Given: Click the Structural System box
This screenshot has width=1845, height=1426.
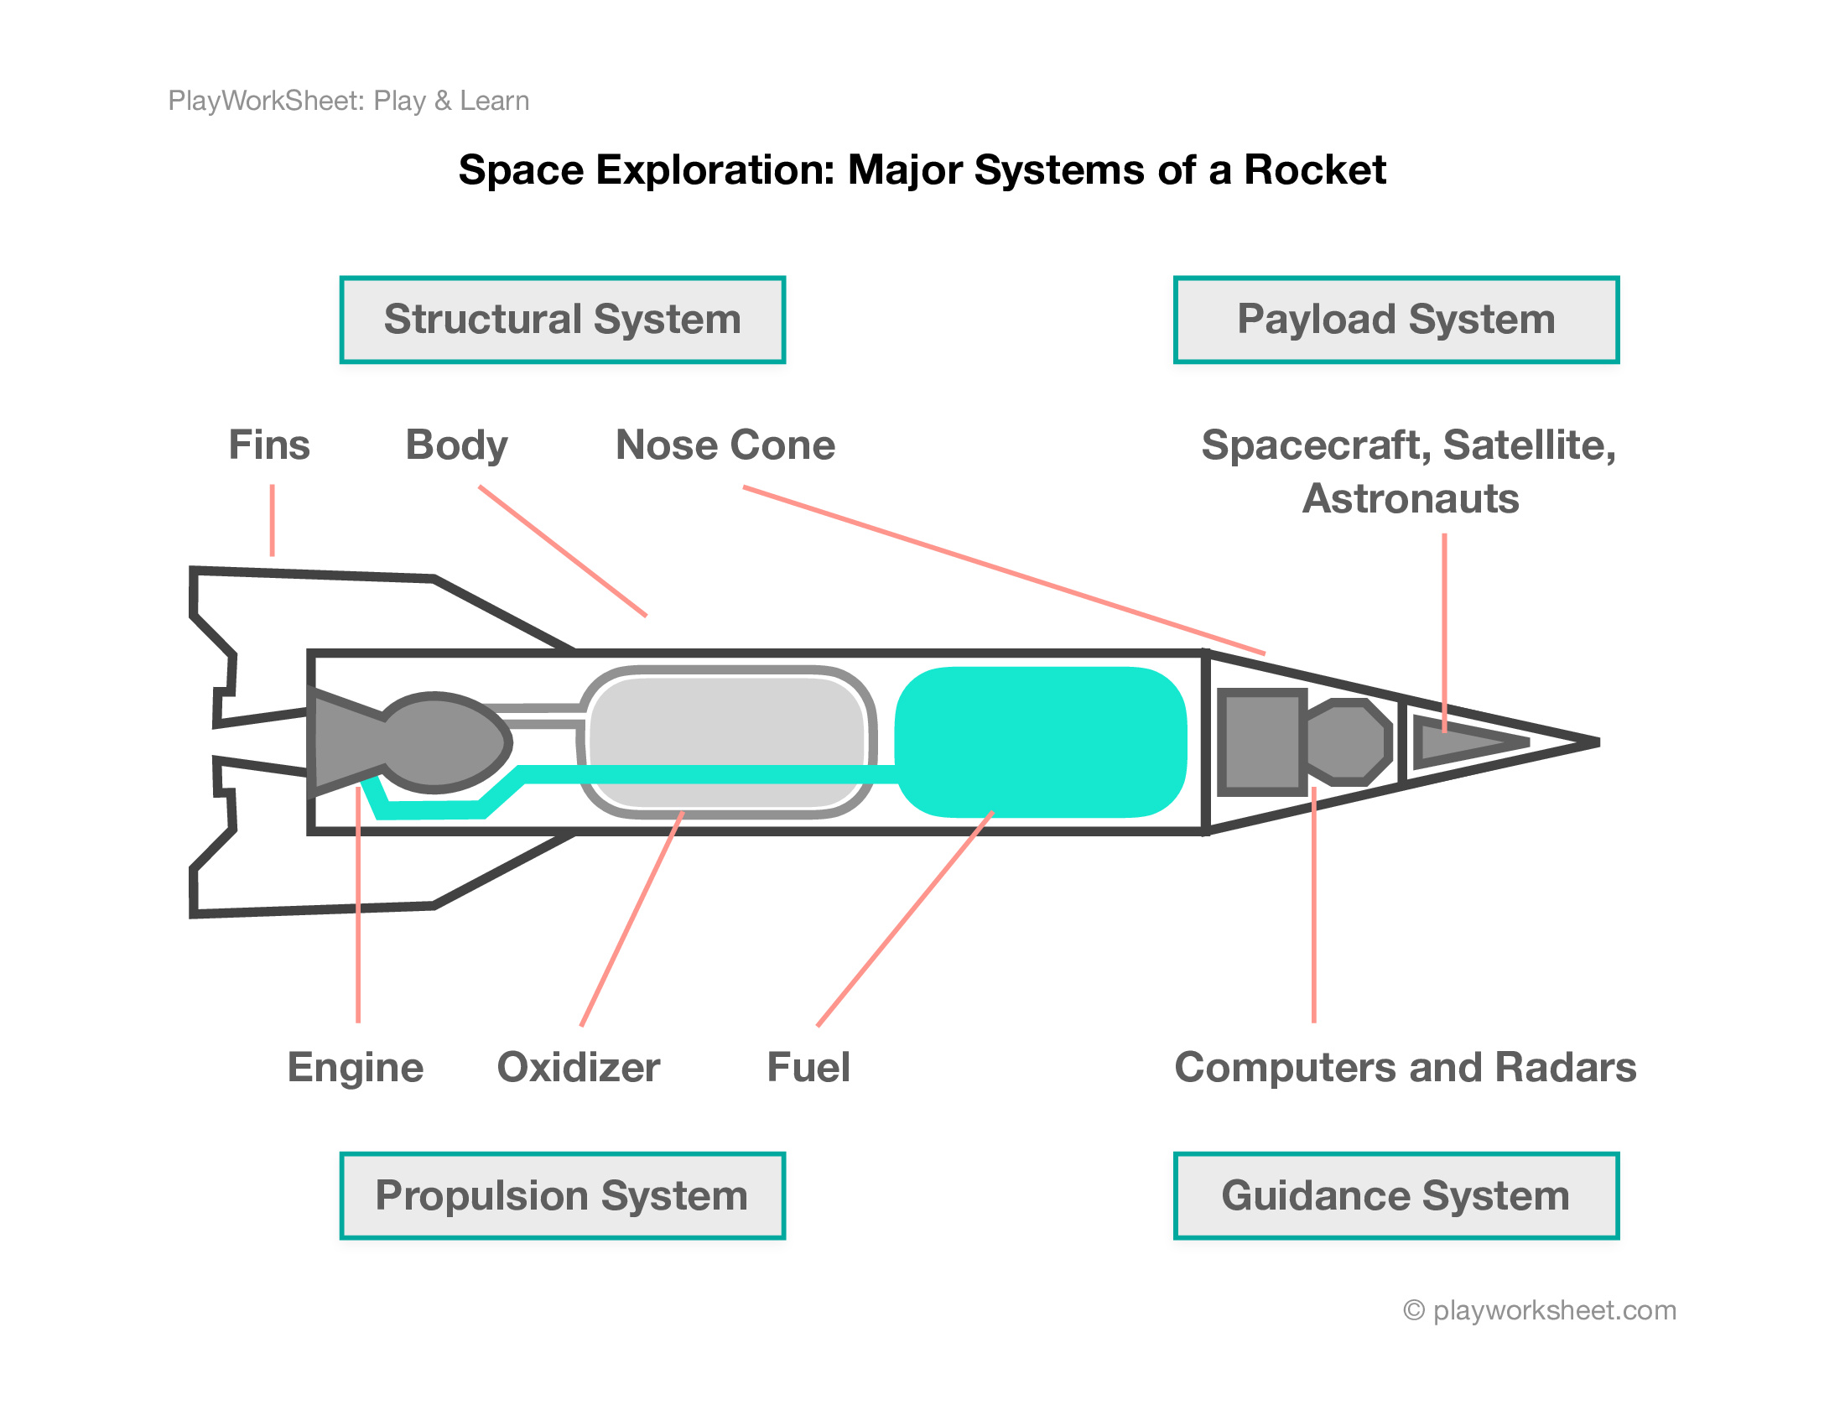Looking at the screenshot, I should click(x=562, y=320).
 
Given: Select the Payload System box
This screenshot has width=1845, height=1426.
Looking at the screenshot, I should click(x=1395, y=320).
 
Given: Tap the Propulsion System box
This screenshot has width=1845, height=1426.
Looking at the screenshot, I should click(x=562, y=1195).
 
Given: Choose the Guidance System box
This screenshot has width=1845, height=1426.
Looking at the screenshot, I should click(x=1395, y=1195).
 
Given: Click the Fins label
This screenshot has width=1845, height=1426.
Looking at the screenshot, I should click(x=269, y=445).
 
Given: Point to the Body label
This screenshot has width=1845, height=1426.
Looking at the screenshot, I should click(x=456, y=445).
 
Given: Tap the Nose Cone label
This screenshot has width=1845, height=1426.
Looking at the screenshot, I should click(x=725, y=445).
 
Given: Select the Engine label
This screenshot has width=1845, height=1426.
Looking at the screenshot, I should click(x=355, y=1067).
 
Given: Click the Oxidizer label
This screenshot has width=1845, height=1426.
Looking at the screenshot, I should click(x=578, y=1067).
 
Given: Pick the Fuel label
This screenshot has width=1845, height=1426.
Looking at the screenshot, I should click(x=808, y=1067).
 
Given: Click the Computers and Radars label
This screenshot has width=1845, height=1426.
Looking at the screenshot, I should click(x=1405, y=1067).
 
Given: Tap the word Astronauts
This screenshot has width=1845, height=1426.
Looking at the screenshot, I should click(x=1410, y=498).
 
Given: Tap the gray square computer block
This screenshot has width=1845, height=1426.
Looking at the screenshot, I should click(x=1261, y=742).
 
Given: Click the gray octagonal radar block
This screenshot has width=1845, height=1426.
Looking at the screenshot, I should click(x=1349, y=742).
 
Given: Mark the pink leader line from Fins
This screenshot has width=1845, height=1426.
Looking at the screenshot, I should click(x=272, y=520).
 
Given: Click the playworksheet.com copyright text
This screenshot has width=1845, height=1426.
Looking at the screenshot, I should click(x=1539, y=1310).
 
